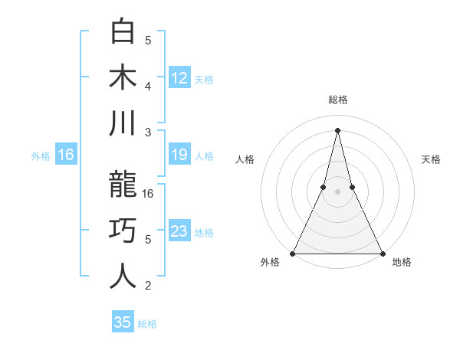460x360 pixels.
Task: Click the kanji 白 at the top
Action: (123, 33)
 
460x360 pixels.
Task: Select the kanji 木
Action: (123, 77)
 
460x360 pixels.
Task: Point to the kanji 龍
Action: (123, 185)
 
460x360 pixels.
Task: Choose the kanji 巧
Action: (123, 230)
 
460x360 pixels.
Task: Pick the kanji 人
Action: (123, 275)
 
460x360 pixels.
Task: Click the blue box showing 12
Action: (179, 77)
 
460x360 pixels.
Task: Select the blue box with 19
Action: (179, 155)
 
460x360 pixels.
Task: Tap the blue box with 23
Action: (179, 231)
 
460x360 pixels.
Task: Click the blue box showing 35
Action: (123, 322)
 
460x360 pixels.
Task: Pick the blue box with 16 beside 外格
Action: (66, 155)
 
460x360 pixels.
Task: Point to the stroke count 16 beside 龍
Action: (149, 194)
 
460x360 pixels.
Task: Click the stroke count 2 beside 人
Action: (149, 286)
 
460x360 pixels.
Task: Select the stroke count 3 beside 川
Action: (149, 132)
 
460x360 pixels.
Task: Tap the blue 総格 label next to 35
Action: (147, 324)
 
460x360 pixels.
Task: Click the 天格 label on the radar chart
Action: (432, 159)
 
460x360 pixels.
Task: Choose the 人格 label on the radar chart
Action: (245, 159)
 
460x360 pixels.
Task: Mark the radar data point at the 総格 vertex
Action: (337, 129)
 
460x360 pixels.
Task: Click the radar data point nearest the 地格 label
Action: (382, 253)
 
